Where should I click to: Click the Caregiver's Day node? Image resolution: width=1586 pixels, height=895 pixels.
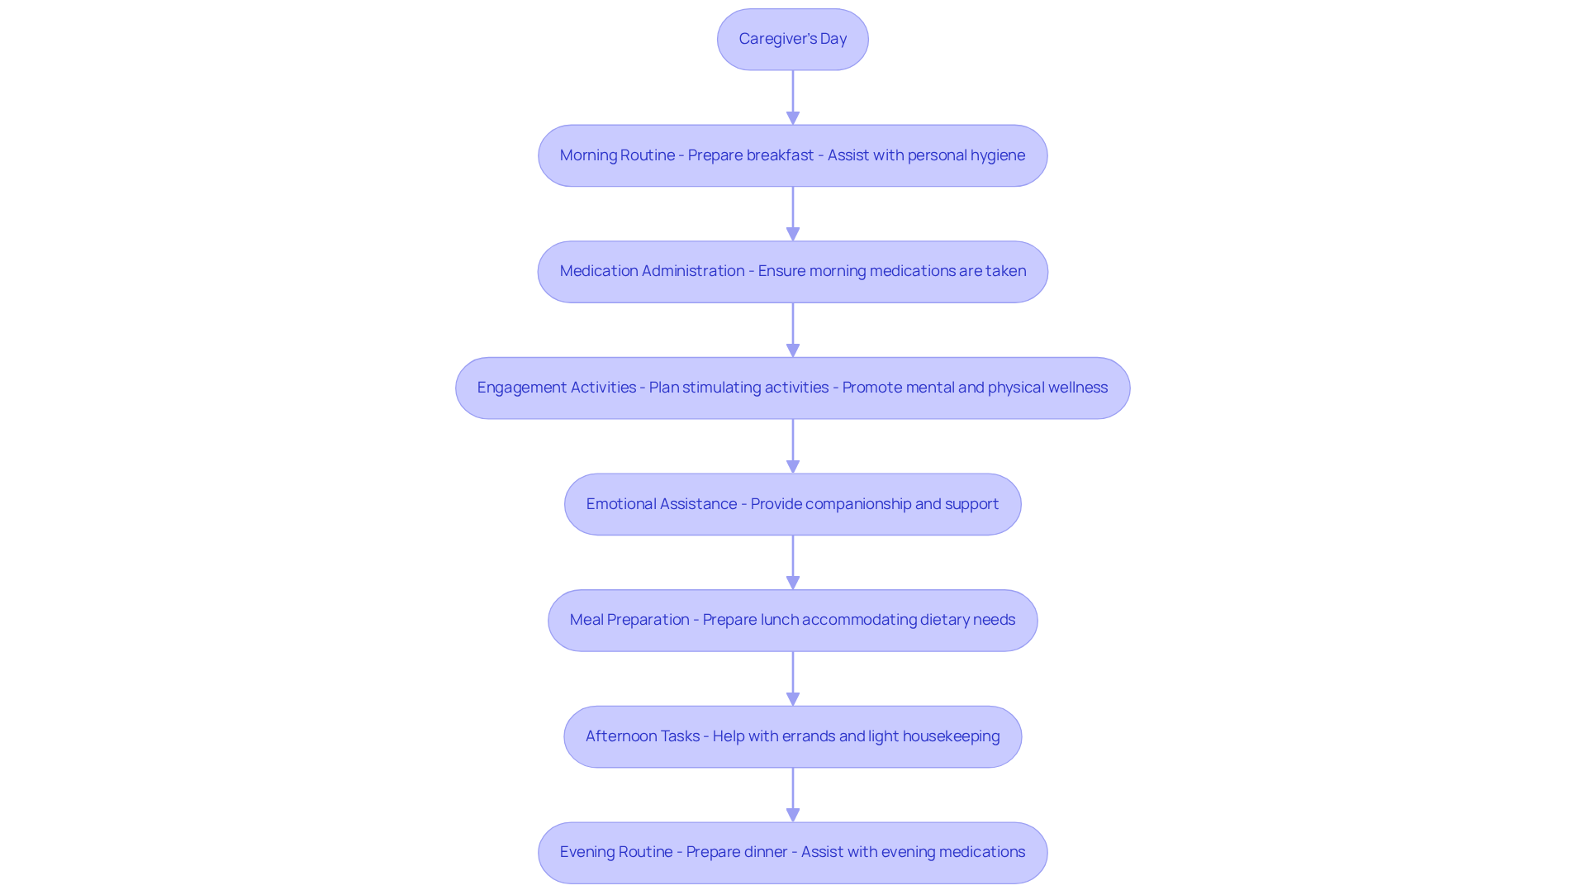coord(792,39)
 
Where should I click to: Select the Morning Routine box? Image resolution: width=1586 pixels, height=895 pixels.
coord(792,155)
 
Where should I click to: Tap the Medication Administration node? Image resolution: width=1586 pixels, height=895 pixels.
coord(792,271)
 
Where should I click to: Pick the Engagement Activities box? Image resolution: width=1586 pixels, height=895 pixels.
coord(792,388)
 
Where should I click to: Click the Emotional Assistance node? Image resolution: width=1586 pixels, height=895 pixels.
coord(792,504)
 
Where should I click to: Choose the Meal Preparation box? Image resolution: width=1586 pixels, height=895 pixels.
coord(792,620)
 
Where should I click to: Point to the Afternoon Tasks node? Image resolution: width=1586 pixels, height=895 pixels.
coord(792,736)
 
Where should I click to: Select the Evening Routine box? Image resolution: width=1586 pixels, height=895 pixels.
coord(792,852)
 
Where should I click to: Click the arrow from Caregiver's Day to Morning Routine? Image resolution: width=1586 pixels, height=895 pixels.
coord(792,97)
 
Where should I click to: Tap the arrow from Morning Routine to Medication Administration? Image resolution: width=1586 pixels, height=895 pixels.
coord(792,213)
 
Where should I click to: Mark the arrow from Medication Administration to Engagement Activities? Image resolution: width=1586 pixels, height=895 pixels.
coord(792,329)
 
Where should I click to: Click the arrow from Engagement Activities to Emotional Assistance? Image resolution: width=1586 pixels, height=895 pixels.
coord(792,445)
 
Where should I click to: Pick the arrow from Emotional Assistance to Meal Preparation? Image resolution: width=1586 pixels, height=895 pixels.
coord(792,562)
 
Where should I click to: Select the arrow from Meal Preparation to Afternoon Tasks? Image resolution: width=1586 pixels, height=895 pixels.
coord(792,678)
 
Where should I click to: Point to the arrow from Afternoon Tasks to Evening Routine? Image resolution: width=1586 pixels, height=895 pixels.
coord(792,794)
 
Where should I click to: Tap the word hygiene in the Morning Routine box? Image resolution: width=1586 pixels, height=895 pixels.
coord(997,155)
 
